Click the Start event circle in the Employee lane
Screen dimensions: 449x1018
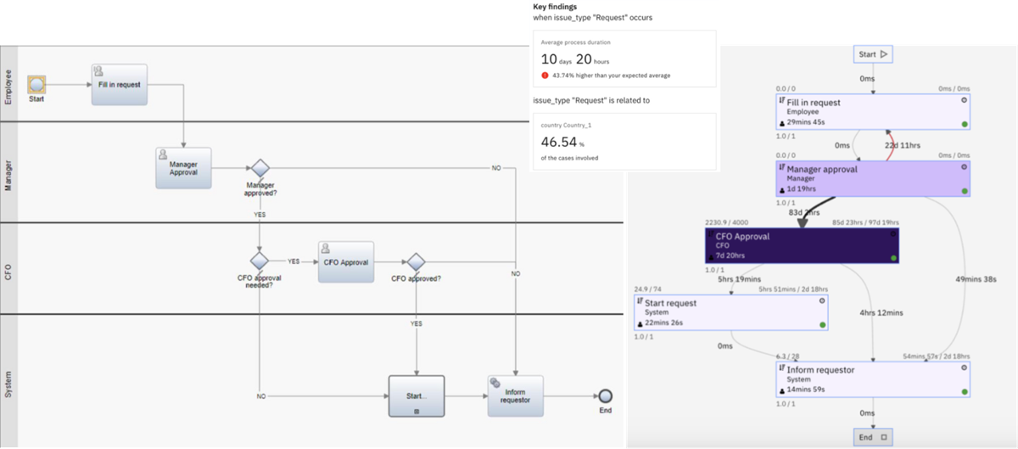click(36, 84)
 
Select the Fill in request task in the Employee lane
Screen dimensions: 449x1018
click(119, 84)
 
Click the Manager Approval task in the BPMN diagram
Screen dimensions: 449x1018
click(183, 168)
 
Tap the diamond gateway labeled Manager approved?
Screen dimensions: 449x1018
click(260, 168)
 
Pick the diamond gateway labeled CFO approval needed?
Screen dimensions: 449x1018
click(260, 261)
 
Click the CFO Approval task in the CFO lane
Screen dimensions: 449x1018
click(346, 261)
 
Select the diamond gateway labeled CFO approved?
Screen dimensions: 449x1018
click(416, 261)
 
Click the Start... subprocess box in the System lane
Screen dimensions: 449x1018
click(416, 396)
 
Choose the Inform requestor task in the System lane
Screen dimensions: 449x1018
click(515, 396)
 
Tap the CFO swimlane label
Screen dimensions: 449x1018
click(9, 272)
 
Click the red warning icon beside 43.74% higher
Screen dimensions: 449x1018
click(545, 76)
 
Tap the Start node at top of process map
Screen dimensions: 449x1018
click(873, 54)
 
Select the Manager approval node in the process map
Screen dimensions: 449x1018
click(873, 177)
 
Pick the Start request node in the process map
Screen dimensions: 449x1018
click(730, 312)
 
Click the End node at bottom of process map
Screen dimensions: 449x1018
click(873, 438)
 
